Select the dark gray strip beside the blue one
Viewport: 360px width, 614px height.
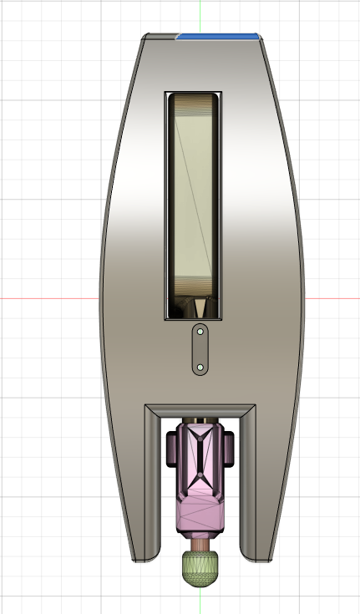click(x=161, y=36)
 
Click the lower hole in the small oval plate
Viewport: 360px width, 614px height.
click(x=200, y=367)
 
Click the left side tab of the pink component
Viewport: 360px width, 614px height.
click(x=171, y=449)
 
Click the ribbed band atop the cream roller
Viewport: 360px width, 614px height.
click(x=194, y=104)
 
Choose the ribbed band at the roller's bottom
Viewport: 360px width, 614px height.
click(x=194, y=287)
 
